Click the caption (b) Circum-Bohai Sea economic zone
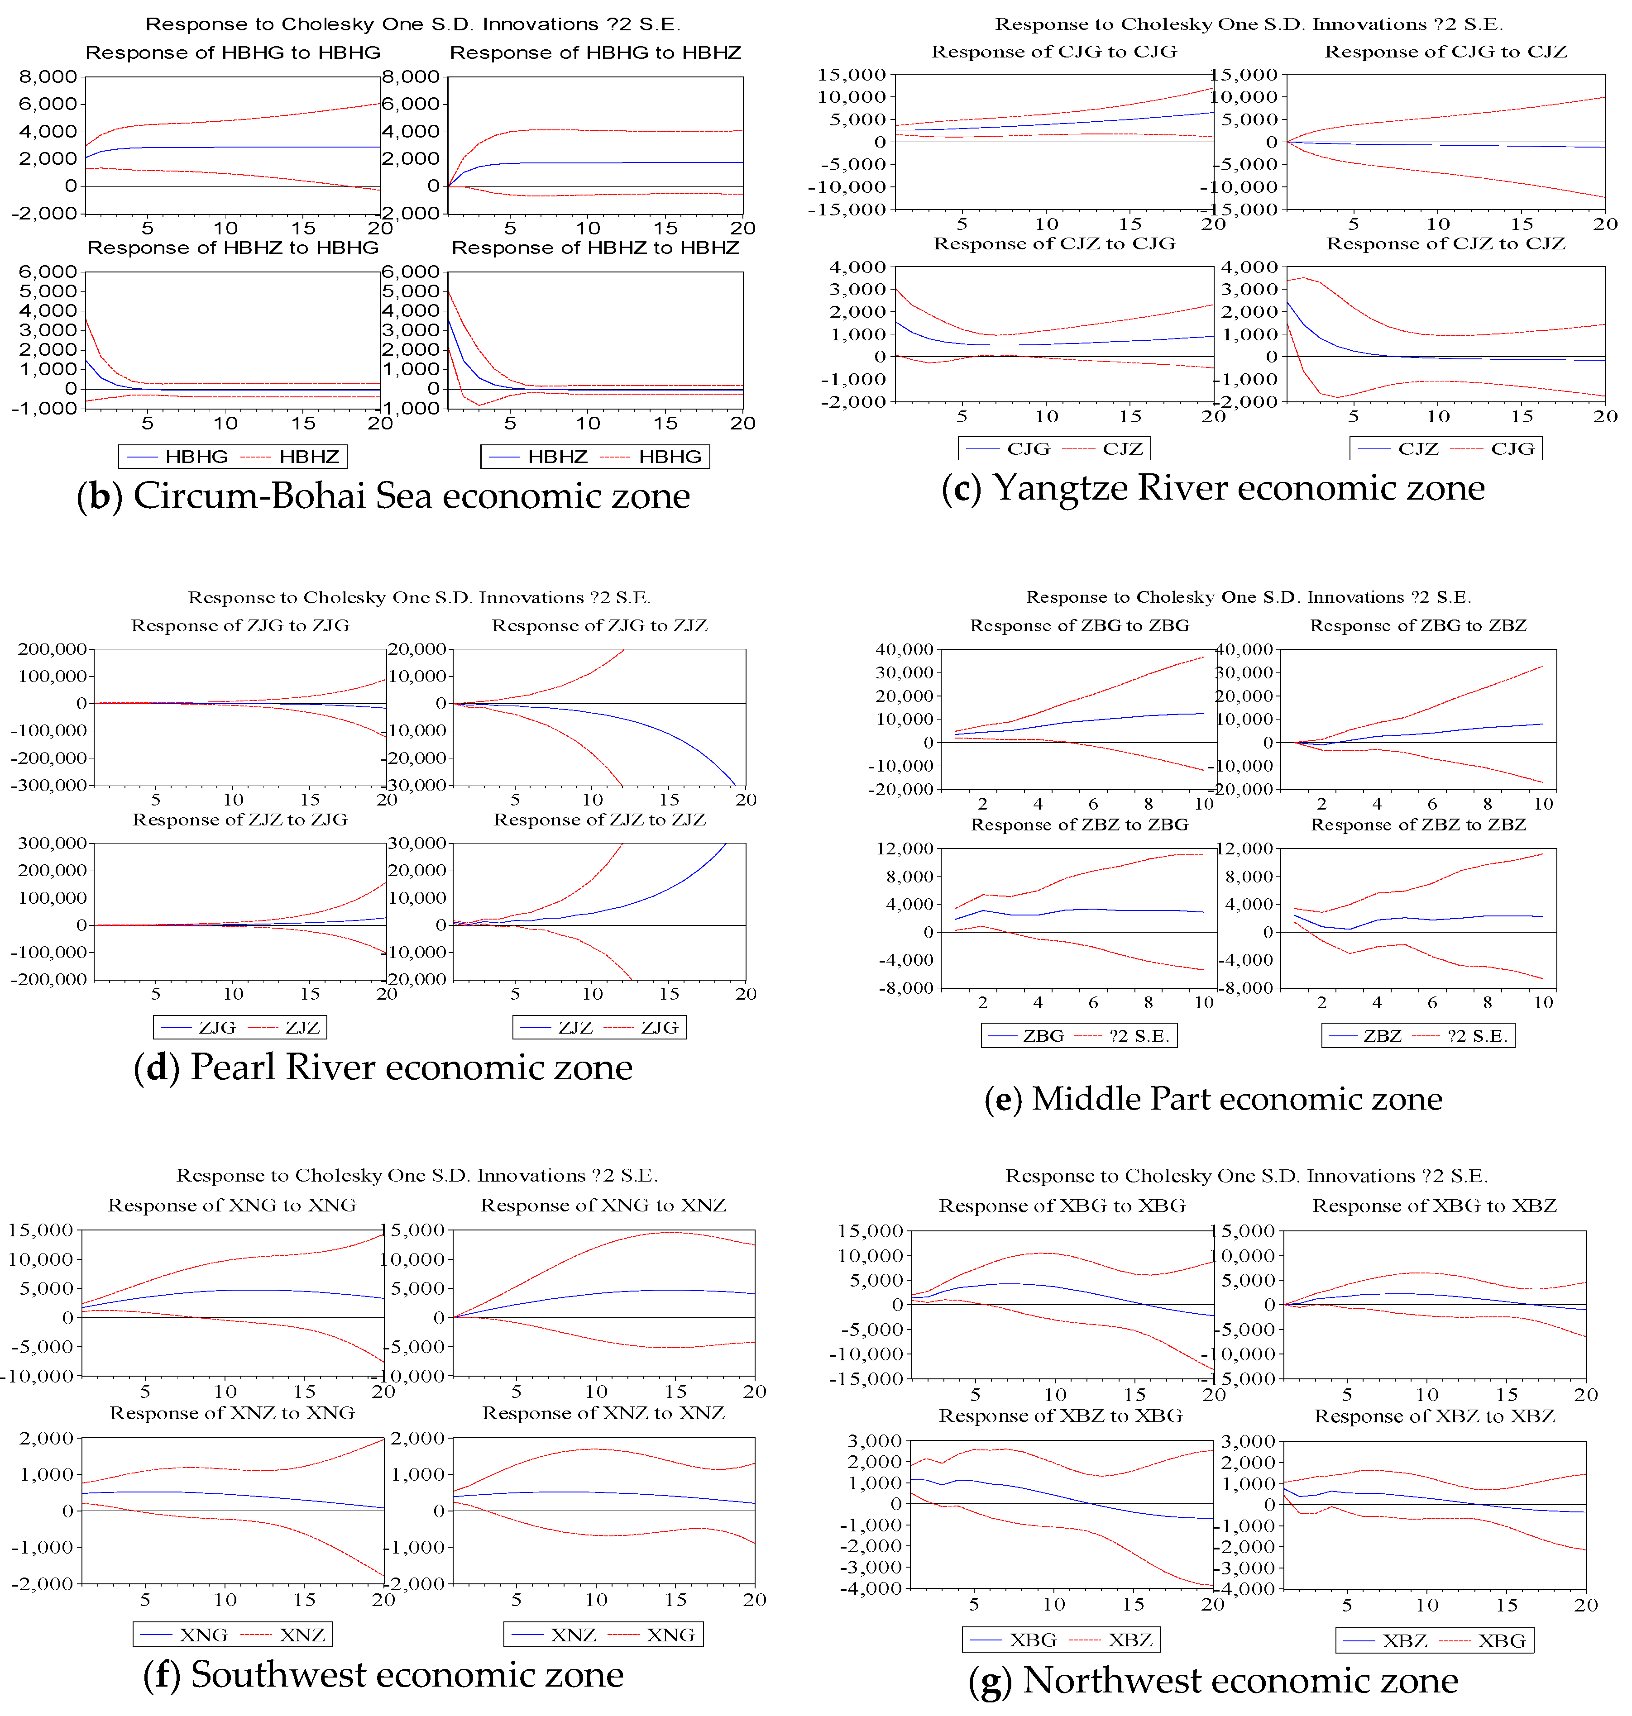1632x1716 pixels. click(383, 496)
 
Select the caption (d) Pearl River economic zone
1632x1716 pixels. click(383, 1067)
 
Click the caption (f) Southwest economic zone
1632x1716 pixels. click(383, 1674)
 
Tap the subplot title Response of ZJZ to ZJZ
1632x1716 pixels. click(599, 820)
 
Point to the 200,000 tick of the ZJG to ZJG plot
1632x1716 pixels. click(52, 649)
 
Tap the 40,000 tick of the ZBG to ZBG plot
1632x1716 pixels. click(905, 650)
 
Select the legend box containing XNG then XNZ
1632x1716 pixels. click(232, 1634)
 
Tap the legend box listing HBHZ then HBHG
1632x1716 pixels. click(595, 457)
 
